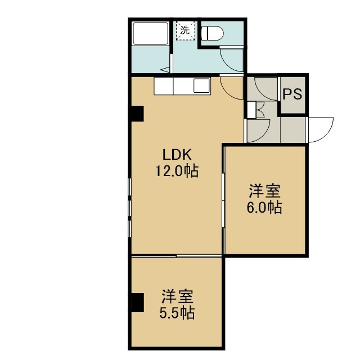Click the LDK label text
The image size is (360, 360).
coord(177,155)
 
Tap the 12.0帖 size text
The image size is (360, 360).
coord(177,171)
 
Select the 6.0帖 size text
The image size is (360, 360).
coord(264,208)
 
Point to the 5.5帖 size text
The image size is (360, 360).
coord(177,313)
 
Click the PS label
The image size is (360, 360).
coord(292,94)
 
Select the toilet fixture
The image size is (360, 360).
coord(212,33)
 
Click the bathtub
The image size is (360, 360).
coord(150,33)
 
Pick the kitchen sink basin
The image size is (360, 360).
coord(201,85)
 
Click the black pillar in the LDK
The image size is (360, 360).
coord(137,114)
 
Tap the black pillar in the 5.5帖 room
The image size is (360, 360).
coord(137,303)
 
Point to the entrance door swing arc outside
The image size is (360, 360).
coord(326,135)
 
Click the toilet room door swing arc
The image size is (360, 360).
coord(227,65)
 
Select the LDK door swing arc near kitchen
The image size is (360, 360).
coord(227,93)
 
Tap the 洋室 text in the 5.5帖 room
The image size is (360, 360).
coord(177,296)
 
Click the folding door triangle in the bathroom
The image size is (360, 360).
coord(165,70)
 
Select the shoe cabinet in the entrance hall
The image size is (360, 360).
coord(252,110)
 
